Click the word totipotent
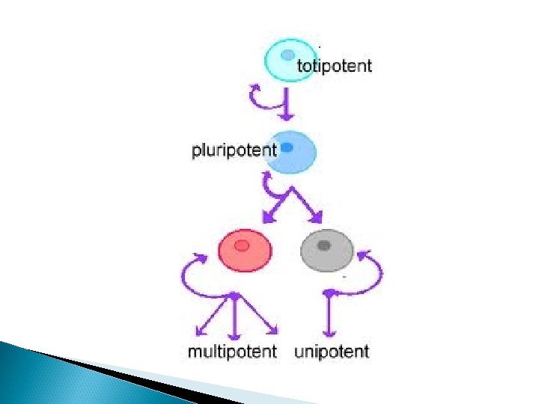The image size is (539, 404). coord(334,66)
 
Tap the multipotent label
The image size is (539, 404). coord(232,352)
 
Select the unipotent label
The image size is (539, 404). coord(332,352)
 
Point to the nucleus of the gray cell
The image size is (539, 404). coord(324,245)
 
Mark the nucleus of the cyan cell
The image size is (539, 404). coord(287,54)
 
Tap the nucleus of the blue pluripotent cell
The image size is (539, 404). coord(287,148)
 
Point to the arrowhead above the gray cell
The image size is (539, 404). coord(317,218)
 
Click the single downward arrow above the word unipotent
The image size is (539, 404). coord(327,314)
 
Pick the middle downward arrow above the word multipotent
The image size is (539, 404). coord(234,314)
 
